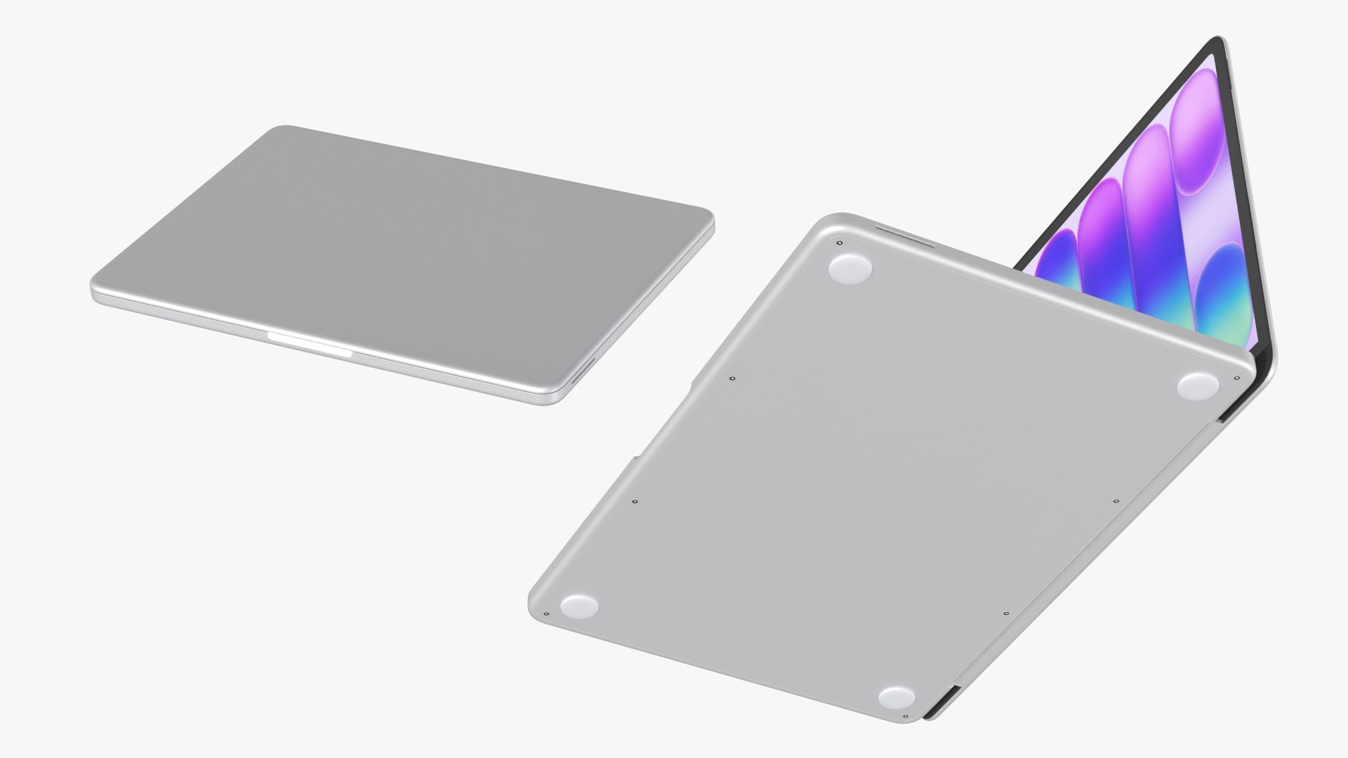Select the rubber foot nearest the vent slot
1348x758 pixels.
click(850, 268)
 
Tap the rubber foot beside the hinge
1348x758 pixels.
click(1201, 387)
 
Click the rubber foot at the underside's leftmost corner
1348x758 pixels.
click(579, 606)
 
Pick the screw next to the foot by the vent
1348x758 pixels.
click(840, 244)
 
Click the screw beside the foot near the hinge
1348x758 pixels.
click(1236, 378)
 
